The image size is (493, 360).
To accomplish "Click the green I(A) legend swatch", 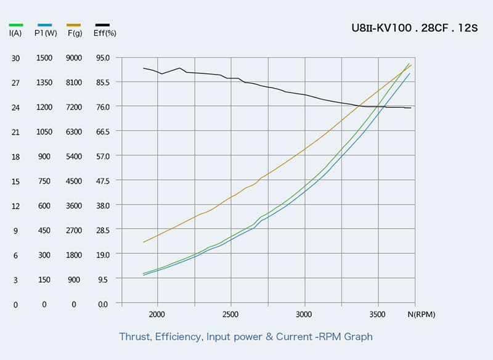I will coord(16,25).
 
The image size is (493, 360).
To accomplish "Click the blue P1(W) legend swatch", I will coord(44,25).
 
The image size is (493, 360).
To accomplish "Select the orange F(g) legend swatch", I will coord(74,25).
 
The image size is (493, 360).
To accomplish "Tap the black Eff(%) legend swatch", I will coord(102,25).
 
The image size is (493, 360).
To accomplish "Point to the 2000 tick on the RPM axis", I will coord(158,314).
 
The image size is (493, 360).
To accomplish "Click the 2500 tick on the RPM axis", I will coord(231,314).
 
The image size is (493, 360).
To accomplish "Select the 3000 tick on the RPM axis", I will coord(304,314).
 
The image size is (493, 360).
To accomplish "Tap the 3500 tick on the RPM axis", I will coord(378,314).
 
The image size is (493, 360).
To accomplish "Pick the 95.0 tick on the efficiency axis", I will coord(102,58).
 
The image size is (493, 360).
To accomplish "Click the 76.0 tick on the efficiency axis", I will coord(102,107).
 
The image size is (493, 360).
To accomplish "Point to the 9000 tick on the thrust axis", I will coord(74,58).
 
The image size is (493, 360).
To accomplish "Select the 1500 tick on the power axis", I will coord(44,58).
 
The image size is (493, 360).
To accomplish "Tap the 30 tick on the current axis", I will coord(16,58).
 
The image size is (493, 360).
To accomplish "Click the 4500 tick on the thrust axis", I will coord(74,181).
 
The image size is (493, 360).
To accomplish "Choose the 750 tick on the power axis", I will coord(44,181).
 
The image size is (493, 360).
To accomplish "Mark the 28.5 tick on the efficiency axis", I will coord(102,231).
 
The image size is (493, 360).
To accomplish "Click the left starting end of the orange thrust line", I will coord(144,242).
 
